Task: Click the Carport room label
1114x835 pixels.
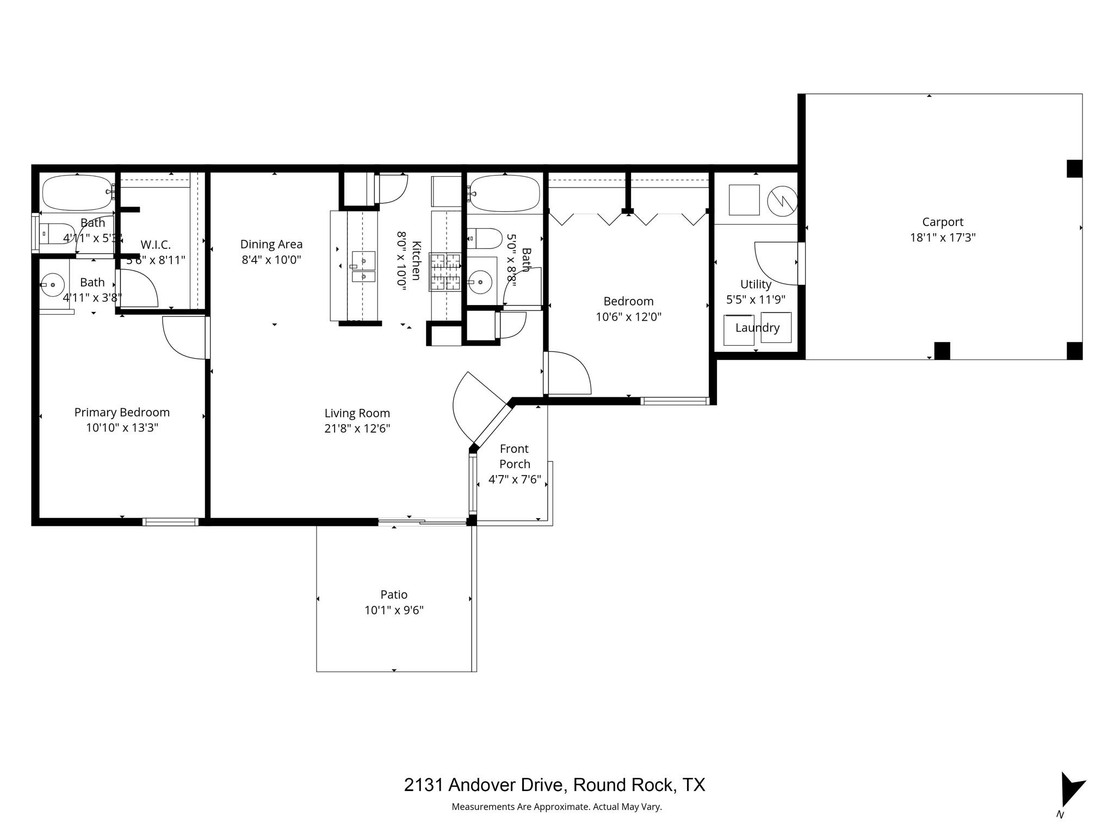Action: click(942, 222)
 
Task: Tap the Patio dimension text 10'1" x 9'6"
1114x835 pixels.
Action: click(394, 610)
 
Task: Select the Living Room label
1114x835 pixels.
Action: click(357, 413)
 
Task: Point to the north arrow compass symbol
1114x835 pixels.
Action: click(1070, 791)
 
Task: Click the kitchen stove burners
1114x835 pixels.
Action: click(445, 272)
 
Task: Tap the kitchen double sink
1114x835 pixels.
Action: click(363, 267)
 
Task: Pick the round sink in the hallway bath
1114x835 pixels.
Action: click(481, 282)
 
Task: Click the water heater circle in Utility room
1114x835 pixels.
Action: click(782, 201)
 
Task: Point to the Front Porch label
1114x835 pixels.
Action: click(514, 456)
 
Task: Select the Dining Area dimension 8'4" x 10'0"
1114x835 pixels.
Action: click(271, 260)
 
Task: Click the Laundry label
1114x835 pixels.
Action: click(757, 328)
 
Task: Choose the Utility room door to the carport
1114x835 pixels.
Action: click(778, 264)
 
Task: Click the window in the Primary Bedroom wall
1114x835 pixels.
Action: click(170, 522)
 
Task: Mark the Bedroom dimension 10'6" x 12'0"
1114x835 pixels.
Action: click(628, 316)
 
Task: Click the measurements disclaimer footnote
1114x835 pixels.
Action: click(556, 807)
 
